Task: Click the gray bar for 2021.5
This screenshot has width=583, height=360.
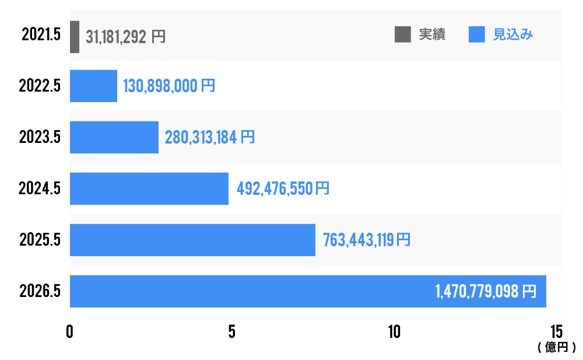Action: coord(75,37)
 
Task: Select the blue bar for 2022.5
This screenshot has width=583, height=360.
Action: coord(93,86)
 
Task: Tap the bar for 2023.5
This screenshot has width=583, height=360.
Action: coord(114,137)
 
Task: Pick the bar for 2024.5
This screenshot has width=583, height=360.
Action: coord(149,188)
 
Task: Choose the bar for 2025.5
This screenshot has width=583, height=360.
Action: coord(192,240)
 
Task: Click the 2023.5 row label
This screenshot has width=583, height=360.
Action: coord(40,137)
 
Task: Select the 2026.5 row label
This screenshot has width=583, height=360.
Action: coord(40,291)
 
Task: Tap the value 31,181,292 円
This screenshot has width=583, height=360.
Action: coord(125,37)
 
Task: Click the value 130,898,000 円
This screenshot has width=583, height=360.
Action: coord(169,86)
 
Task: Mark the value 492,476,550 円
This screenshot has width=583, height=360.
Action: coord(283,189)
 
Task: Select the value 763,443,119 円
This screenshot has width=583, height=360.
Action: coord(366,240)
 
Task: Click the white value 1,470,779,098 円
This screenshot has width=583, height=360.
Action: coord(485,291)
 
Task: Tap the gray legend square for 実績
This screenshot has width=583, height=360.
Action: coord(402,34)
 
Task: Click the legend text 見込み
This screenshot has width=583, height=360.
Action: coord(513,34)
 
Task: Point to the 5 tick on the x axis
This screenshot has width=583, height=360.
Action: coord(231,331)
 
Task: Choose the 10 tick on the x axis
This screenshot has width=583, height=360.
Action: coord(394,331)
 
